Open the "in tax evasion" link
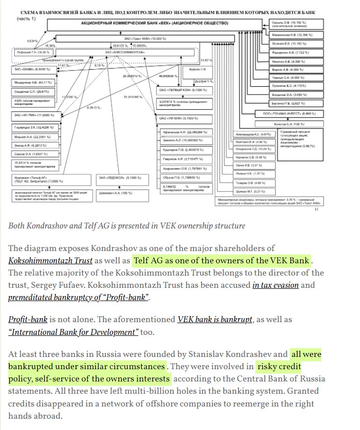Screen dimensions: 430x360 (x=275, y=285)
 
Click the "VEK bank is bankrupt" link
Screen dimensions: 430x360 (x=215, y=320)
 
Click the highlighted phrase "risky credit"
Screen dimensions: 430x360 (x=280, y=367)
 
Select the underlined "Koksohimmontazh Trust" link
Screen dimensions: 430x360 (x=51, y=260)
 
